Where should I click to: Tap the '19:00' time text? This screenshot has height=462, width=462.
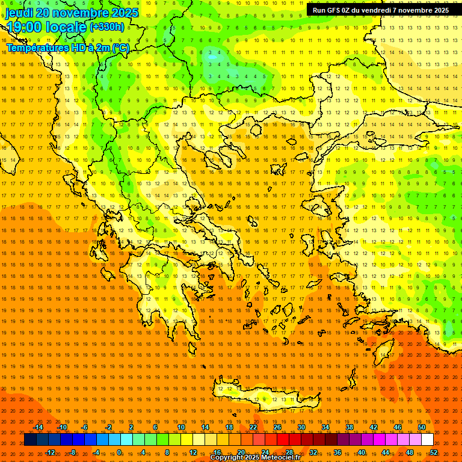point(25,27)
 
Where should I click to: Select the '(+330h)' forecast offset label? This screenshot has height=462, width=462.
point(106,26)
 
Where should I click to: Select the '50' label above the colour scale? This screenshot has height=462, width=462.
point(421,427)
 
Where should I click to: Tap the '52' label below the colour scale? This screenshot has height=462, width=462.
point(434,452)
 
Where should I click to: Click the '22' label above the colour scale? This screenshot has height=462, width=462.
point(253,427)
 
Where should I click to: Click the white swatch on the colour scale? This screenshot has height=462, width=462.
point(427,440)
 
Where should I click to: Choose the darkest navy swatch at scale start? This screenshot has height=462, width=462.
point(31,440)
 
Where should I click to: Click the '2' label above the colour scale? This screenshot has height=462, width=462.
point(131,427)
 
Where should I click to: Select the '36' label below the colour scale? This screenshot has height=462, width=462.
point(337,452)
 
